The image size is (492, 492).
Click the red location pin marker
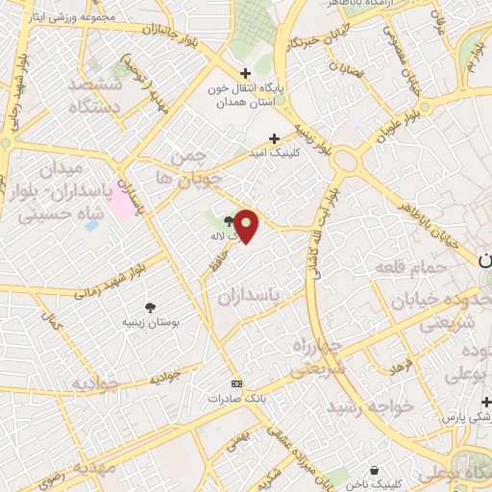247,225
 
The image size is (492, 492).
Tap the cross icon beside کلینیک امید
274,138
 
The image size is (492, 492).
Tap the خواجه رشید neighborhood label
370,407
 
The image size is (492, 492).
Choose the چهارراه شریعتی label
313,357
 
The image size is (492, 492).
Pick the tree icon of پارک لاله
228,220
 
